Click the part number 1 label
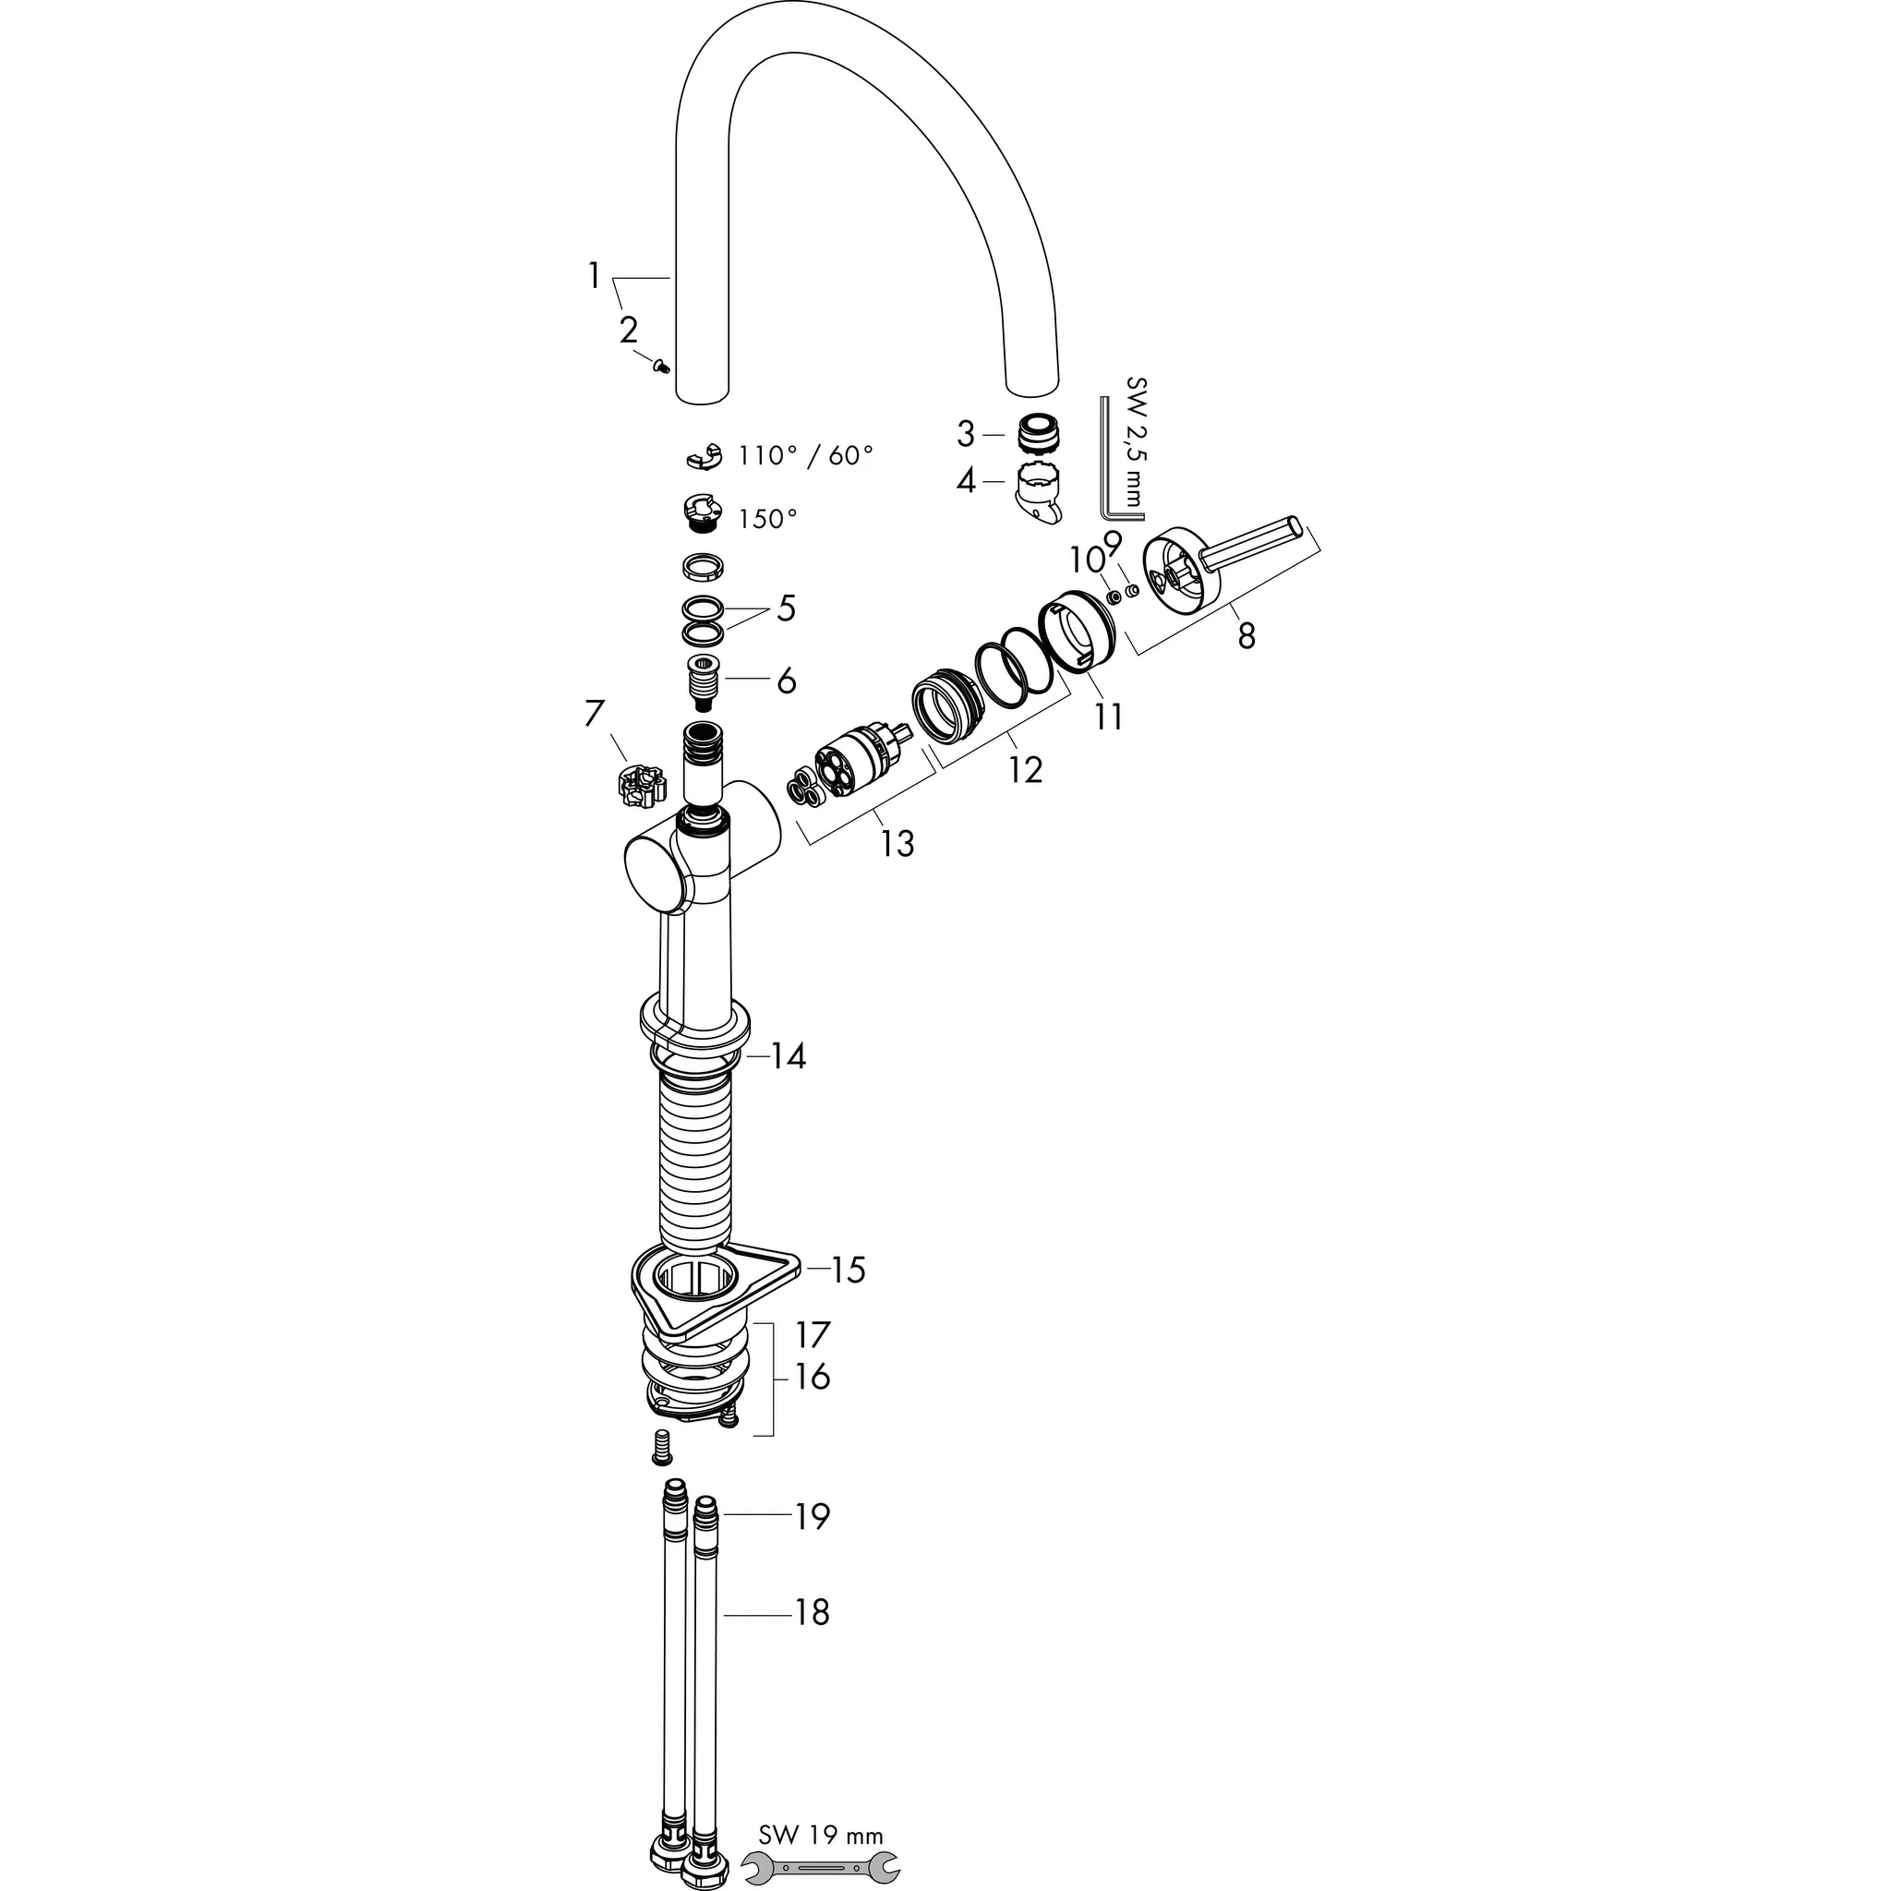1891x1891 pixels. coord(593,277)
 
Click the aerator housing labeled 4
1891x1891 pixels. coord(1041,493)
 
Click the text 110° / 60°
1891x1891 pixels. coord(805,455)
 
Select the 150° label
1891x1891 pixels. coord(767,519)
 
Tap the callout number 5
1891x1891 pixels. coord(786,608)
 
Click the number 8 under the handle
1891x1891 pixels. coord(1245,636)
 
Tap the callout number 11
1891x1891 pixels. coord(1108,717)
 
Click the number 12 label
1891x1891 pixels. coord(1025,770)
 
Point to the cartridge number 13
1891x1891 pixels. coord(897,843)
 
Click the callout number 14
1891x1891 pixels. coord(787,1056)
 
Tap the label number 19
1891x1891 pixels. coord(812,1517)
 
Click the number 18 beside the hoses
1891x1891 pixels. coord(812,1613)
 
